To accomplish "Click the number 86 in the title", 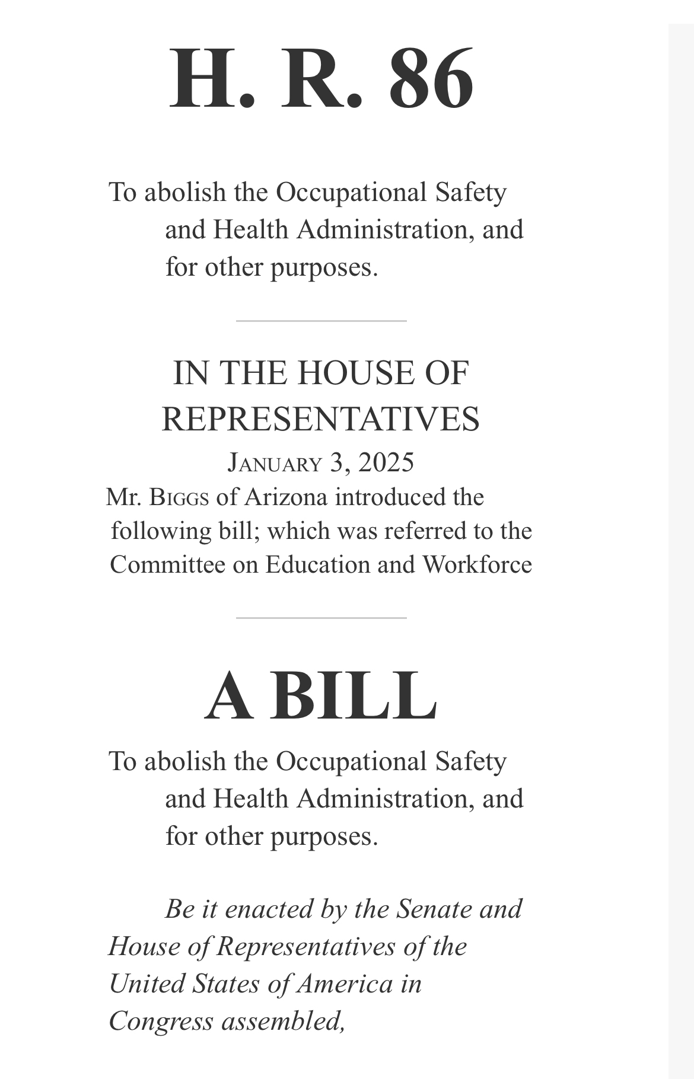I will (431, 79).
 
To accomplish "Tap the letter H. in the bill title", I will (212, 79).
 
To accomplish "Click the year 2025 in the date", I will (386, 462).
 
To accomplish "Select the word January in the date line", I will (275, 462).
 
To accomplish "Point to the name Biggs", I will (179, 497).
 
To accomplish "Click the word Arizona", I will (286, 497).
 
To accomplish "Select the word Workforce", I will (477, 564).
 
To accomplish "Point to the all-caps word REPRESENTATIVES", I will (320, 419).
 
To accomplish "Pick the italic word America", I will (345, 984).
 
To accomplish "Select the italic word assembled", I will (283, 1021).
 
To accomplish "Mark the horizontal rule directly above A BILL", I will (321, 618).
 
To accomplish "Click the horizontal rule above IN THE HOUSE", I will (321, 321).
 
